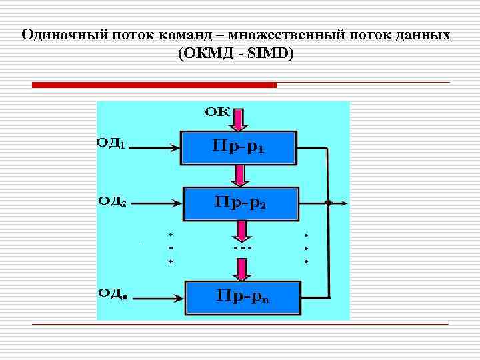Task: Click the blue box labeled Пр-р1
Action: point(239,147)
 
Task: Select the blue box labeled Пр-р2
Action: point(241,203)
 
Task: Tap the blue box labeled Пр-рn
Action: point(243,297)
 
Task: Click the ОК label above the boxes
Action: point(217,111)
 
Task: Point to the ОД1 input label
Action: point(111,143)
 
